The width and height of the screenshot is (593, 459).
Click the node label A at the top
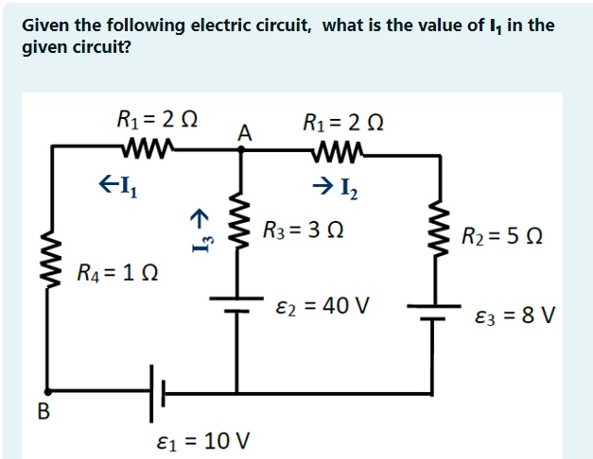click(x=244, y=135)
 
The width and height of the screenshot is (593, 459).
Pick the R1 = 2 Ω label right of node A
click(x=343, y=120)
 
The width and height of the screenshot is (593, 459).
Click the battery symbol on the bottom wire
click(x=157, y=390)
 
